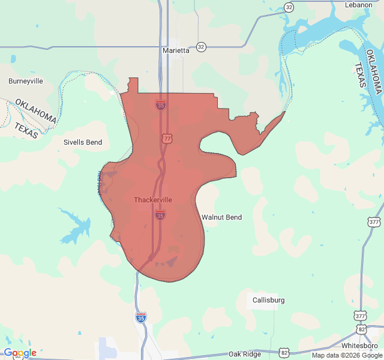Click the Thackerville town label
pyautogui.click(x=153, y=200)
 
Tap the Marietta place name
pyautogui.click(x=176, y=50)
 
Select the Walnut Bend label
pyautogui.click(x=221, y=217)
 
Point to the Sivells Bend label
pyautogui.click(x=83, y=143)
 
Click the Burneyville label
pyautogui.click(x=26, y=80)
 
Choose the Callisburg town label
pyautogui.click(x=268, y=300)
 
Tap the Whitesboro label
pyautogui.click(x=360, y=346)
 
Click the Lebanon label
pyautogui.click(x=359, y=5)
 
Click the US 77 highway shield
pyautogui.click(x=166, y=139)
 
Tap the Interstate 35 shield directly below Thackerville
pyautogui.click(x=160, y=215)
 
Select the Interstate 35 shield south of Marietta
pyautogui.click(x=160, y=105)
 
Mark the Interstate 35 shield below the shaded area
pyautogui.click(x=141, y=317)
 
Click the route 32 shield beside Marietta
pyautogui.click(x=201, y=46)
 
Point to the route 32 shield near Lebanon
pyautogui.click(x=289, y=7)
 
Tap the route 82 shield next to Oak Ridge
pyautogui.click(x=284, y=352)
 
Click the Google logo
pyautogui.click(x=20, y=353)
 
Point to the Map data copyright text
pyautogui.click(x=346, y=355)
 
